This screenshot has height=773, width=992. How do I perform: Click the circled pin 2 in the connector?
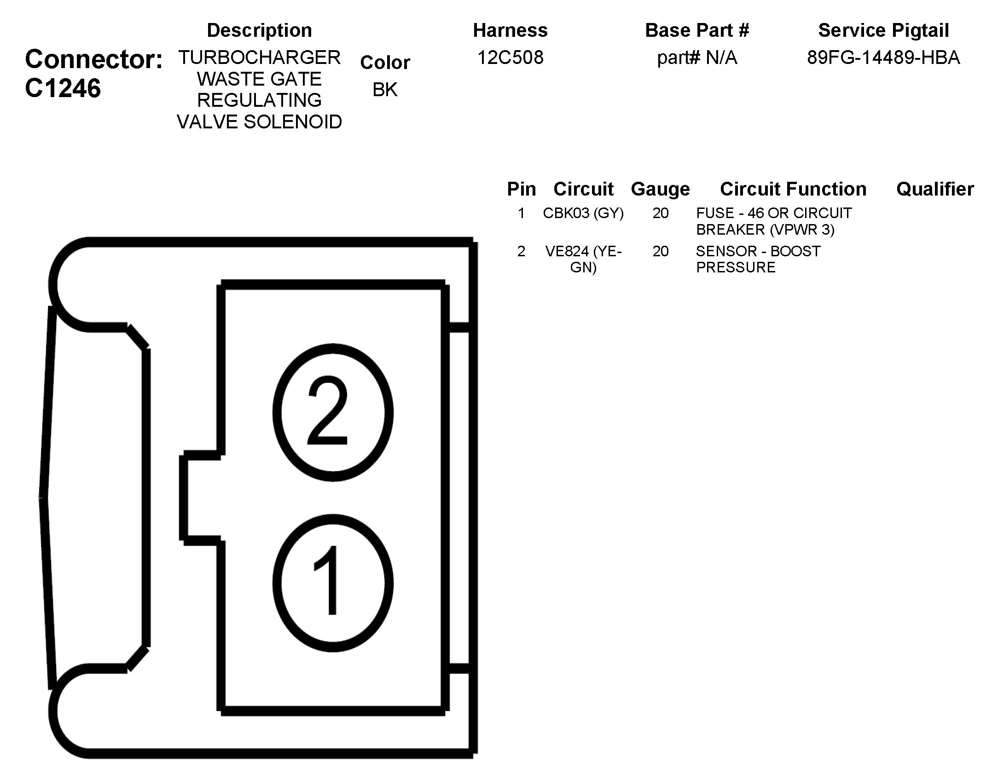(333, 412)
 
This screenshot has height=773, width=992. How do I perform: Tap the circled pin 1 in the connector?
(333, 583)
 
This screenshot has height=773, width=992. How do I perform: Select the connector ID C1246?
(63, 88)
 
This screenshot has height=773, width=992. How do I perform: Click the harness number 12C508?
(510, 58)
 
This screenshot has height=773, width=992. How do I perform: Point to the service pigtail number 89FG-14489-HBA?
(883, 58)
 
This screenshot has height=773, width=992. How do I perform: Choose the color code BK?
(385, 89)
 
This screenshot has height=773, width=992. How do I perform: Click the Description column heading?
(259, 30)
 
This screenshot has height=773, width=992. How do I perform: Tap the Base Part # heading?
(697, 30)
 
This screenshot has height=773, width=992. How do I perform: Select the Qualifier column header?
(935, 189)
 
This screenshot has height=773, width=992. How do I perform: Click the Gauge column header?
(660, 189)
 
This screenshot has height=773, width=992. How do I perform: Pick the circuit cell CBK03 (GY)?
(583, 213)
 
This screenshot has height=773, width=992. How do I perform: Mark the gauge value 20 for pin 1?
(660, 213)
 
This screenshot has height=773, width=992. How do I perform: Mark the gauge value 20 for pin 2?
(660, 251)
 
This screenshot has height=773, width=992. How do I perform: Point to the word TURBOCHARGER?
(259, 58)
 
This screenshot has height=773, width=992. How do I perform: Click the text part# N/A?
(697, 58)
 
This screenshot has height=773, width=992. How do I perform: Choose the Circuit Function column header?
(793, 189)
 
